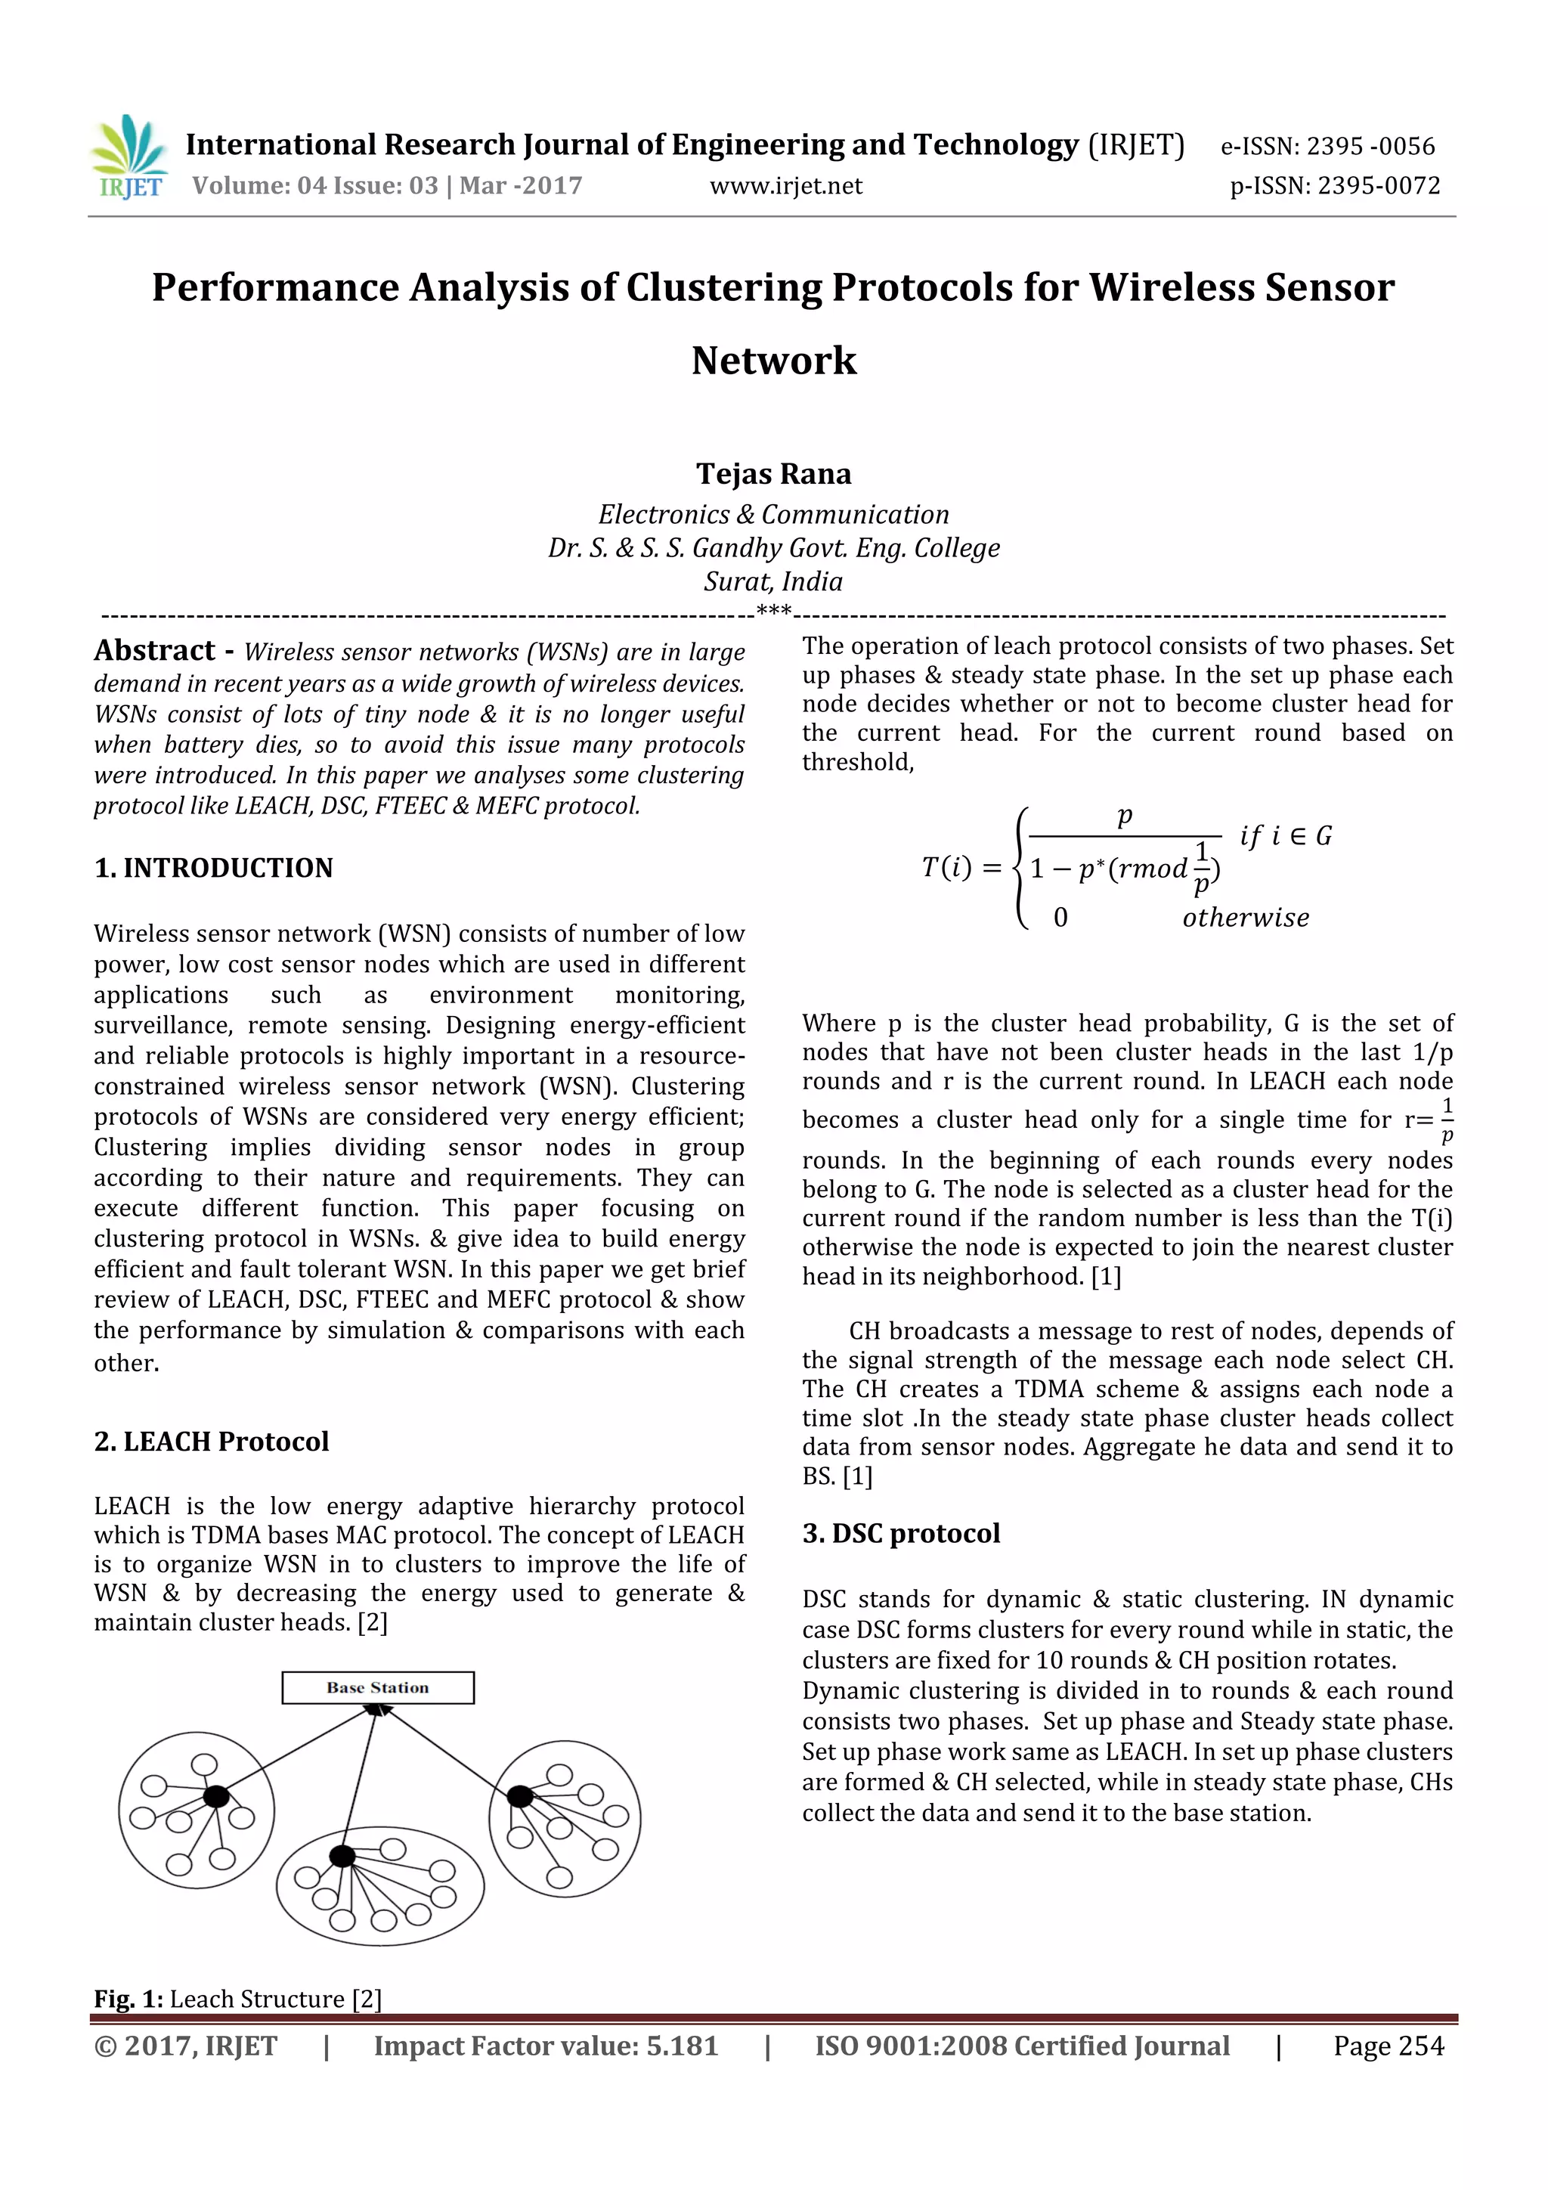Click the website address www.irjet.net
[785, 186]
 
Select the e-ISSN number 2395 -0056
[1370, 146]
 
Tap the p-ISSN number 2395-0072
[1378, 185]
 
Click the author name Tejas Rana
[773, 473]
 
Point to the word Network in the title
[773, 361]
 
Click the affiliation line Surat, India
[773, 581]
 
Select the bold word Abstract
[154, 651]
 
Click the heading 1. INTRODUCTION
[214, 868]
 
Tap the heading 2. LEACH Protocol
[212, 1442]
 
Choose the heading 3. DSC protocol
[900, 1534]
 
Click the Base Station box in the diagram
[378, 1687]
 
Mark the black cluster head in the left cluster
[216, 1797]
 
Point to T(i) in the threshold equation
[946, 867]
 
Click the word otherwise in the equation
[1246, 918]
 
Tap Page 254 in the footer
[1388, 2046]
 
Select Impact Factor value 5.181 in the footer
[546, 2046]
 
